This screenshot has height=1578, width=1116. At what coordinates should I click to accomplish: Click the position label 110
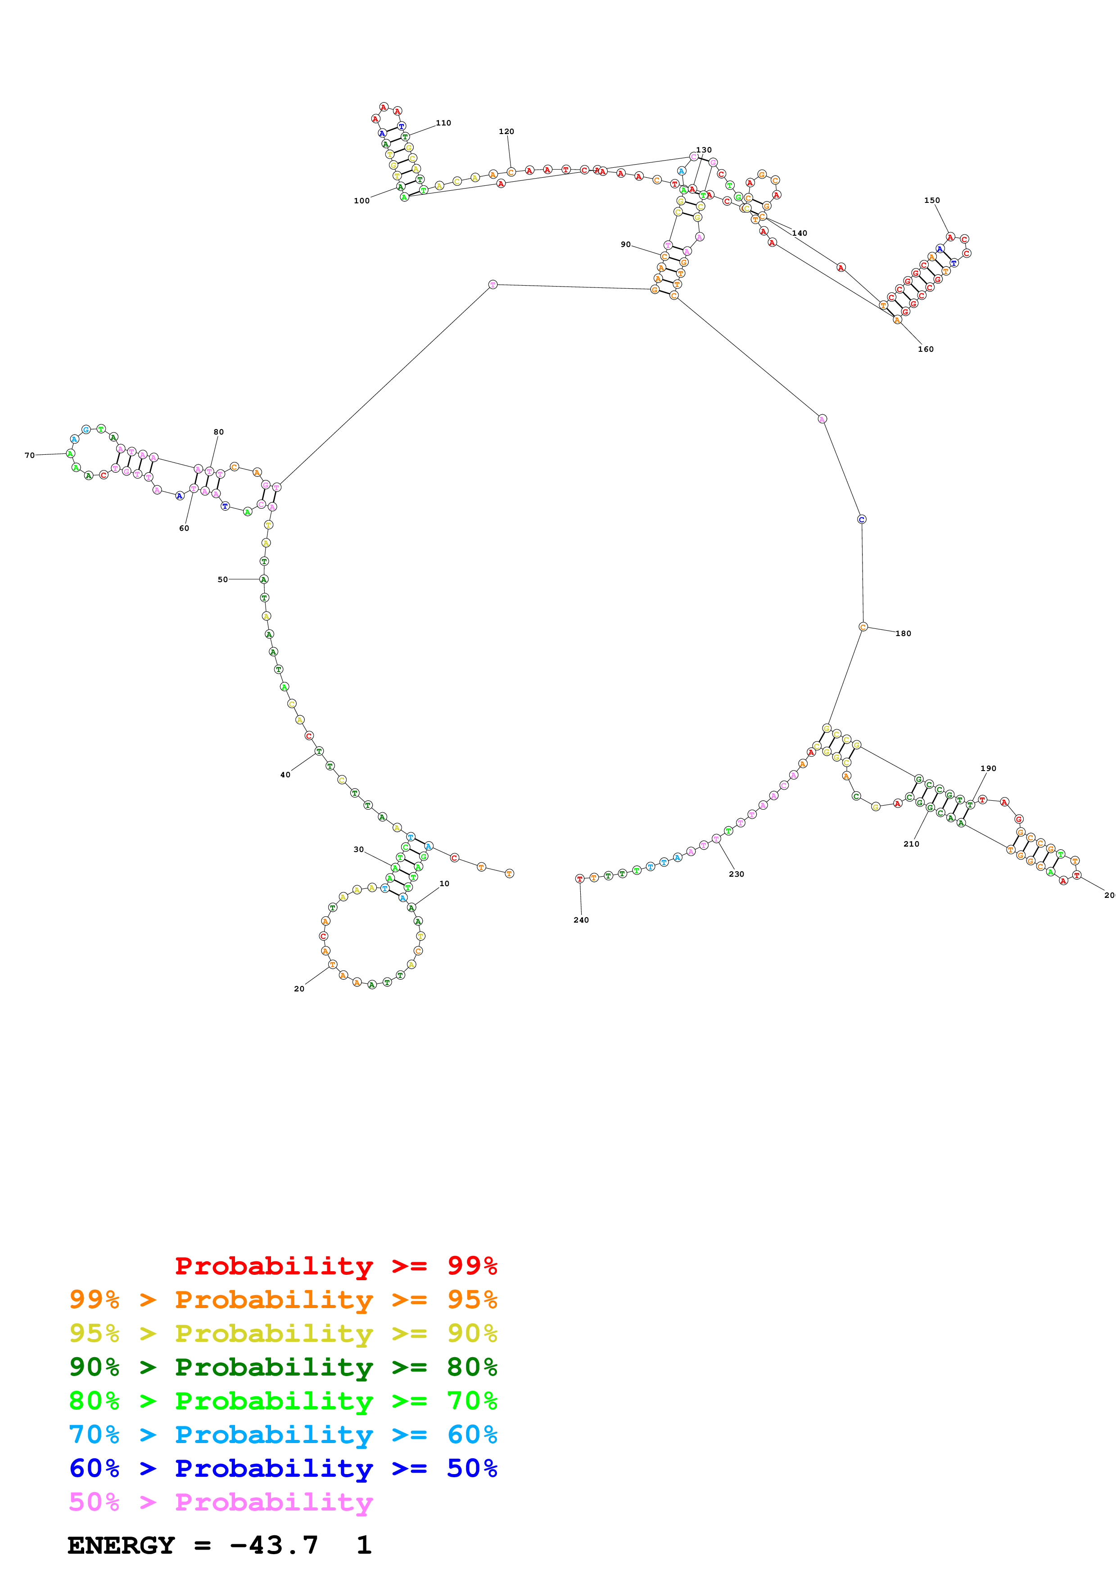click(443, 123)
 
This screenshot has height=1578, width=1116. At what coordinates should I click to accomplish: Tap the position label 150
click(932, 201)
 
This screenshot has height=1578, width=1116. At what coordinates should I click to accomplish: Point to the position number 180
click(903, 634)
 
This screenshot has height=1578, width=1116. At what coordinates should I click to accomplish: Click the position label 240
click(581, 920)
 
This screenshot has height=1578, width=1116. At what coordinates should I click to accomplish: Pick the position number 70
click(30, 455)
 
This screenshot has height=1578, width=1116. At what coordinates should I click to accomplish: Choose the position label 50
click(223, 579)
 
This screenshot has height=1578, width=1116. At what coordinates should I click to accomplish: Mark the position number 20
click(299, 989)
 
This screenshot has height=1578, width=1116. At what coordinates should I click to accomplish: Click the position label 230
click(736, 874)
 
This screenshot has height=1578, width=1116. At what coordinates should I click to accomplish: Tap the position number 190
click(988, 768)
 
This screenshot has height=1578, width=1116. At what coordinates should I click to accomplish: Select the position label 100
click(361, 201)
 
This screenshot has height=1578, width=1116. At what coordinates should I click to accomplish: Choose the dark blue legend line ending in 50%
click(283, 1468)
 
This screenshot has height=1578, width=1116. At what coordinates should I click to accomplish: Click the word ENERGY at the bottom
click(121, 1546)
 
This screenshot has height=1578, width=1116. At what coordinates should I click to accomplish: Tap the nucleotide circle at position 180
click(863, 627)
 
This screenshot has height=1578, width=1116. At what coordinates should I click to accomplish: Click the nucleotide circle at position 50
click(263, 579)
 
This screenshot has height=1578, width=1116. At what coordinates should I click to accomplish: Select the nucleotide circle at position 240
click(580, 879)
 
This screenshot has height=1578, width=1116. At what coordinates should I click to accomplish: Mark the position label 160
click(926, 349)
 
